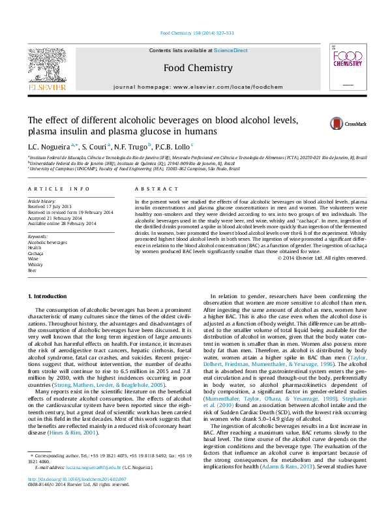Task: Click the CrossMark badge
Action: point(357,123)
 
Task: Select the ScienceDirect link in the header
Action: point(231,50)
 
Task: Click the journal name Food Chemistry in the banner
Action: point(198,67)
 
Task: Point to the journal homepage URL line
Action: point(198,86)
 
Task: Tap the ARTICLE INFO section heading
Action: point(59,189)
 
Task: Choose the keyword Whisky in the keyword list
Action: point(35,265)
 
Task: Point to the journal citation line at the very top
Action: point(197,33)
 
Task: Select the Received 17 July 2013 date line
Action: point(50,207)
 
